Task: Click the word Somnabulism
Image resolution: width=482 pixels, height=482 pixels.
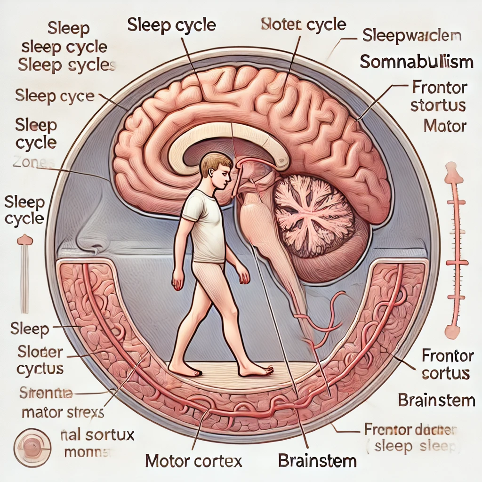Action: click(x=416, y=61)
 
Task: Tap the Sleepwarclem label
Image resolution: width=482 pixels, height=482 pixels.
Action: click(x=412, y=35)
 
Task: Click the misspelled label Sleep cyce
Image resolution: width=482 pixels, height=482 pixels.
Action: click(x=55, y=96)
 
